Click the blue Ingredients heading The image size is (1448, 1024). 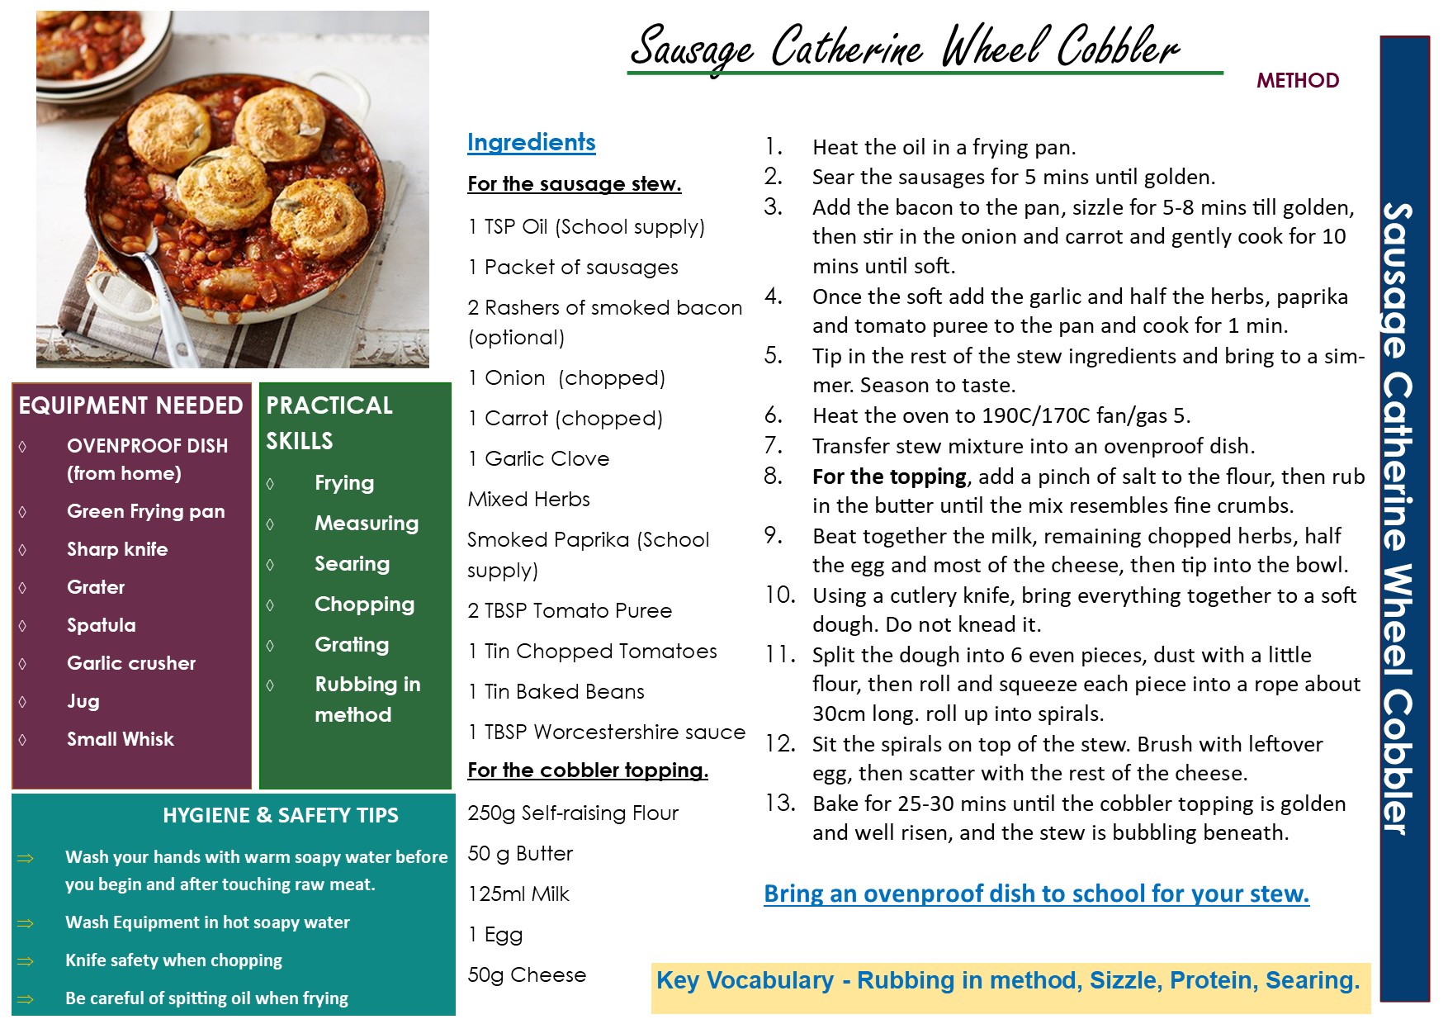[531, 142]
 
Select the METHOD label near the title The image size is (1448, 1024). [1297, 80]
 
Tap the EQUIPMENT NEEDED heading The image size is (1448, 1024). [130, 405]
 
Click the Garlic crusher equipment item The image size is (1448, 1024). [130, 663]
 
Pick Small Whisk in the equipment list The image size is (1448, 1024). [120, 739]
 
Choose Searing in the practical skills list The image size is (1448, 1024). [352, 564]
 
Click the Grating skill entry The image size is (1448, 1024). [351, 645]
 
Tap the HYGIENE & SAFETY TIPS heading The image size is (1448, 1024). [280, 816]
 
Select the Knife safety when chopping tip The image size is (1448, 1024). [173, 960]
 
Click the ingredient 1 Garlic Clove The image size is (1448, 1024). [538, 459]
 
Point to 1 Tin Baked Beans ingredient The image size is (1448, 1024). [556, 692]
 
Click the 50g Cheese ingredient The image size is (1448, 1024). [526, 975]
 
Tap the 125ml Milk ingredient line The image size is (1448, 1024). [518, 894]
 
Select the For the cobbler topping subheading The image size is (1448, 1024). [587, 770]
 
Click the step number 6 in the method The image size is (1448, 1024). [773, 415]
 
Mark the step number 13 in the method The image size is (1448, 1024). [779, 804]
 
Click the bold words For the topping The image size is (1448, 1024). [888, 476]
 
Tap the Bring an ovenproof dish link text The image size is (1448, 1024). [1035, 894]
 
